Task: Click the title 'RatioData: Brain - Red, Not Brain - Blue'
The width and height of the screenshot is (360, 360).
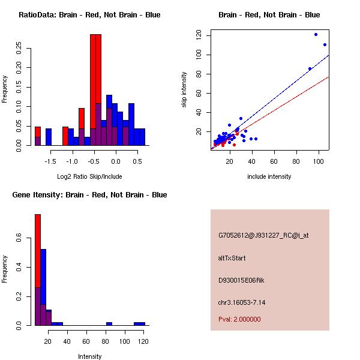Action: pos(89,15)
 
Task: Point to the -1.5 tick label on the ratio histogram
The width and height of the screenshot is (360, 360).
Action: pos(50,161)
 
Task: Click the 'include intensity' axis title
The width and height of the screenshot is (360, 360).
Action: pos(269,176)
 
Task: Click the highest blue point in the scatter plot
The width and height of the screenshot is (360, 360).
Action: pos(316,35)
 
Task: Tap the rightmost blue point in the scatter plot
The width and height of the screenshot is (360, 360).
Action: pos(325,44)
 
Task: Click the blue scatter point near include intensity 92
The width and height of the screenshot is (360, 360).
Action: pos(310,69)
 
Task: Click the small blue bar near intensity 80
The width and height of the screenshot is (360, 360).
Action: pos(109,323)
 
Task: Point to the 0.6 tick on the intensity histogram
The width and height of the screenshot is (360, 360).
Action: pos(20,239)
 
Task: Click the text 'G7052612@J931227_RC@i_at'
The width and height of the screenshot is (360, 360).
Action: pos(263,236)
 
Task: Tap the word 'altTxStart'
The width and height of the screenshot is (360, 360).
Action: pos(232,258)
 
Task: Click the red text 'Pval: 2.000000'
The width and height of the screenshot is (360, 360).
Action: pos(239,319)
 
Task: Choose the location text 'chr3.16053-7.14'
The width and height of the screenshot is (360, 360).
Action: pos(241,302)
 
